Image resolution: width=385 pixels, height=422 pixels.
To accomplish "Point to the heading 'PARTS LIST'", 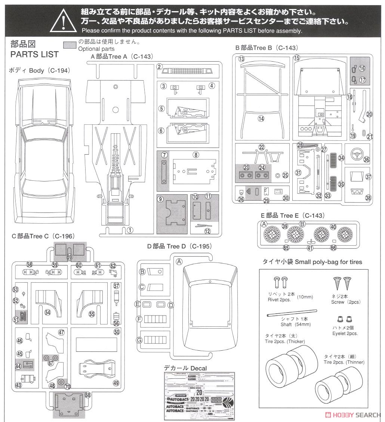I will coord(34,54).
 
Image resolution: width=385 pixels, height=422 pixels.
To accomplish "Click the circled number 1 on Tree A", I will coord(130,230).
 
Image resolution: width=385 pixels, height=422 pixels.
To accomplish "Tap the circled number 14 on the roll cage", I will coord(261,118).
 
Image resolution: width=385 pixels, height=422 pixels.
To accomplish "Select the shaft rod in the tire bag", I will coord(292,314).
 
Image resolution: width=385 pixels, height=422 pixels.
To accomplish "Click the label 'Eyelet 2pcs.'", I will coord(345,333).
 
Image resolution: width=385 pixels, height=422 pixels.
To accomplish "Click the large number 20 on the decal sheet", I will coord(199,392).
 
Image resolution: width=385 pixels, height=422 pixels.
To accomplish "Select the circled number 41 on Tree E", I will coord(309,248).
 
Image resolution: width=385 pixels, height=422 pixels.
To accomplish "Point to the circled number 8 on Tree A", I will coord(195,155).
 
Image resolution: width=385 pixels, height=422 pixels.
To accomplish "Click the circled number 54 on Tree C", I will coord(47,312).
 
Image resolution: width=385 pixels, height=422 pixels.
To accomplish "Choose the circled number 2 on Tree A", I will coord(159,67).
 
